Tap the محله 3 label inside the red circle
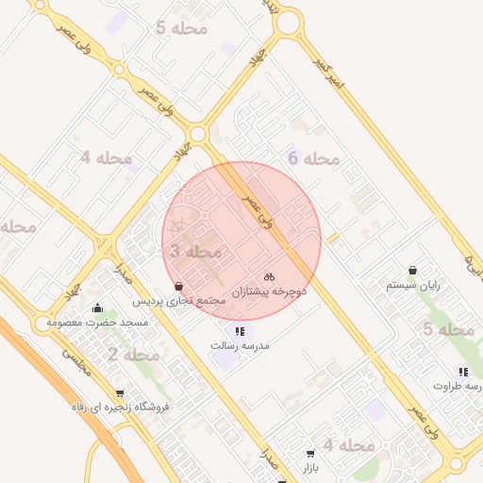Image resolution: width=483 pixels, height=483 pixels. tap(195, 252)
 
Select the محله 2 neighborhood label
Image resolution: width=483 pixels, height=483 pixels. tap(133, 355)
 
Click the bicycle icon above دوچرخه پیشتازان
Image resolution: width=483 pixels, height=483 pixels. tap(270, 277)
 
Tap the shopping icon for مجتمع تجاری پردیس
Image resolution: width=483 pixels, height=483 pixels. tap(179, 286)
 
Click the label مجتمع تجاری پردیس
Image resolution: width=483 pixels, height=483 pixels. tap(178, 301)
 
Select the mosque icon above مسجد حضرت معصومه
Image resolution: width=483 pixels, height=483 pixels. tap(98, 308)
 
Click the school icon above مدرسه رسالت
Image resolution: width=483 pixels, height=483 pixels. tap(240, 331)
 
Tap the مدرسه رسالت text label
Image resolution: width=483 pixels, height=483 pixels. tap(240, 346)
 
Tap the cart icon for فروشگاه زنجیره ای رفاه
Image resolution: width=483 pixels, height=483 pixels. tap(119, 392)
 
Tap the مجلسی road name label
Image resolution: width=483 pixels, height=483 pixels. tap(77, 361)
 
